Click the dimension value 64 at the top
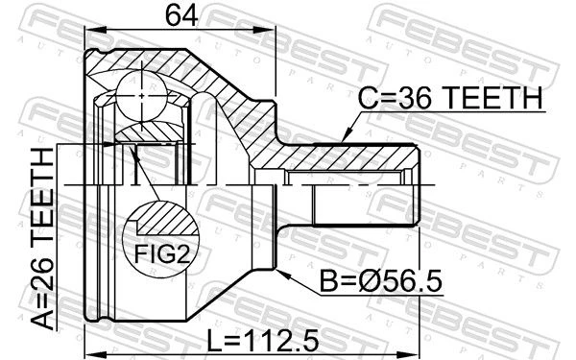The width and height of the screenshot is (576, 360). [181, 16]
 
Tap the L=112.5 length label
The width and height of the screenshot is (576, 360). [263, 340]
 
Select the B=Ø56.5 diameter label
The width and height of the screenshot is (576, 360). [381, 281]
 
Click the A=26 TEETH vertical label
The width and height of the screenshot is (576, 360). [43, 238]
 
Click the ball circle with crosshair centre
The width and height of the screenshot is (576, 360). [141, 96]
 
